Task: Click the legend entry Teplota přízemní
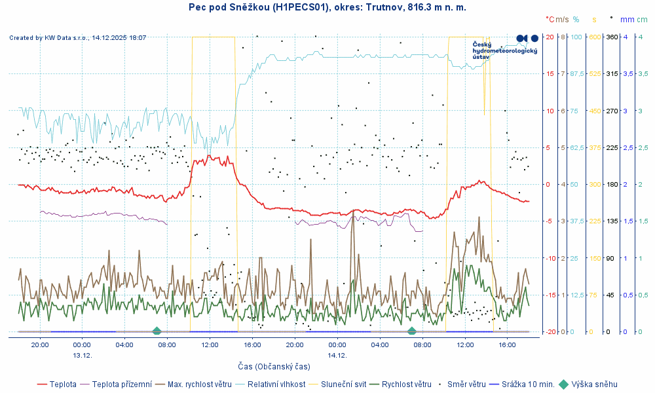click(x=122, y=384)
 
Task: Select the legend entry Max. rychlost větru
click(x=200, y=384)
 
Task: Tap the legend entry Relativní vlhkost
click(x=276, y=384)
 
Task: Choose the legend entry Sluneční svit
click(x=342, y=384)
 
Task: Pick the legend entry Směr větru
click(x=466, y=384)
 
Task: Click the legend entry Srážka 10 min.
click(x=528, y=384)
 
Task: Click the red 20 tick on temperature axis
click(x=550, y=37)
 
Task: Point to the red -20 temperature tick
click(x=548, y=331)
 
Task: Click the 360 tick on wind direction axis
click(x=612, y=37)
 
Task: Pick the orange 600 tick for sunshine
click(x=595, y=37)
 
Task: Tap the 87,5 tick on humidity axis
click(x=577, y=74)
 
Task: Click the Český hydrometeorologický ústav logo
click(x=505, y=50)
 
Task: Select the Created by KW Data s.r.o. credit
click(x=77, y=38)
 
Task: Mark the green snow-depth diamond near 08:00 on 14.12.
click(x=411, y=331)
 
